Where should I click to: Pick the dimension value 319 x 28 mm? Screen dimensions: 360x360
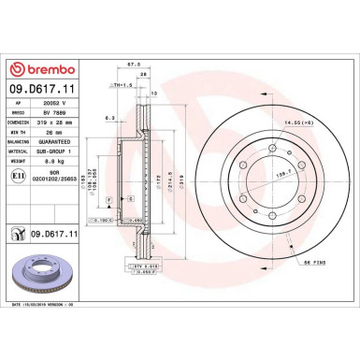(x=53, y=129)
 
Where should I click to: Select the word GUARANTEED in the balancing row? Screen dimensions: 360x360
(x=54, y=150)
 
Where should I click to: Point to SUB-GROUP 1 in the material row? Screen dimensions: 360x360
(x=54, y=160)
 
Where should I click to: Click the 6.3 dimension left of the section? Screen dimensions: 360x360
(x=109, y=118)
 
